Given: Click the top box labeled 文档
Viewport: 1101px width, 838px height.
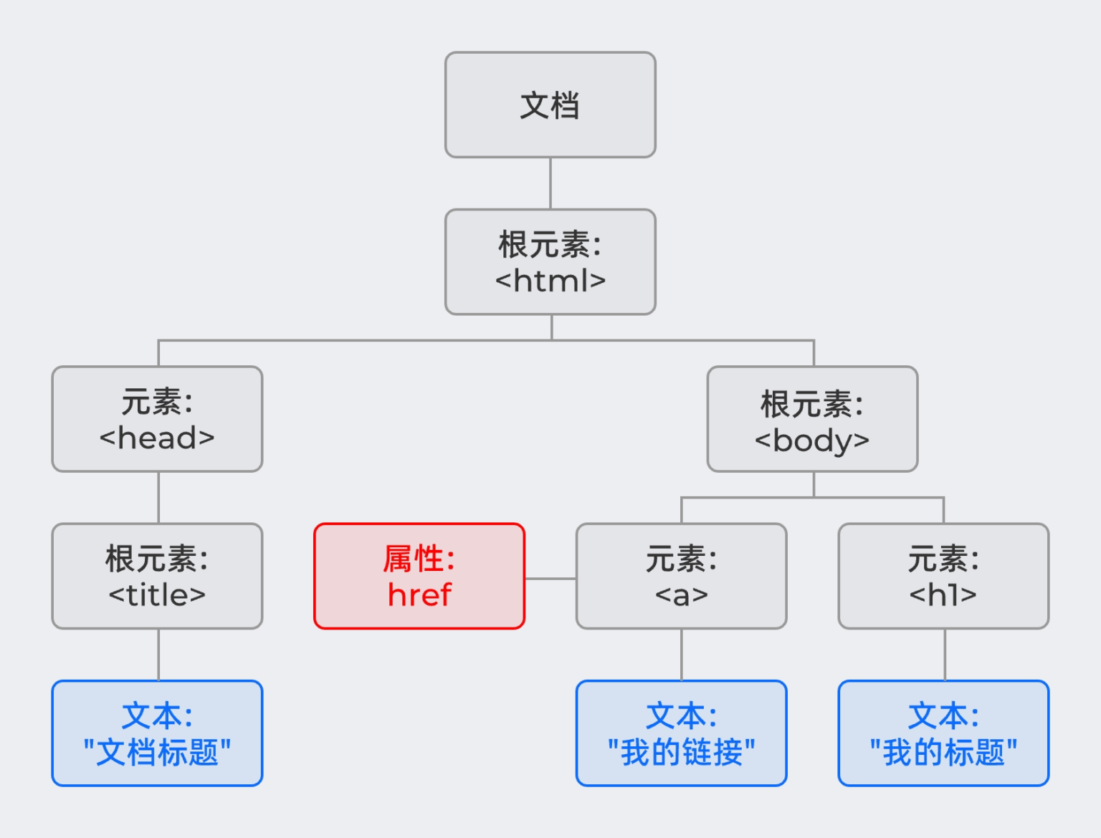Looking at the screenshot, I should pyautogui.click(x=550, y=105).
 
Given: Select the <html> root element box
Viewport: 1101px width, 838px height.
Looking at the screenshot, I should pyautogui.click(x=550, y=261).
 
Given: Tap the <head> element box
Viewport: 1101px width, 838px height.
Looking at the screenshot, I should pyautogui.click(x=157, y=419).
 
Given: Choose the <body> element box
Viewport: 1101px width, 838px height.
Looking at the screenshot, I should pyautogui.click(x=812, y=419).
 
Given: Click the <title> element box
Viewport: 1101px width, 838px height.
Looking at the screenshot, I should pyautogui.click(x=157, y=576).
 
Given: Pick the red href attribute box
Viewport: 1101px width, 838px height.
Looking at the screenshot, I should pyautogui.click(x=419, y=576).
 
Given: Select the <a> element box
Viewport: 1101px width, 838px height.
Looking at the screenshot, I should pyautogui.click(x=681, y=576).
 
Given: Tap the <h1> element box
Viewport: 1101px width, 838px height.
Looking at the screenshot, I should pyautogui.click(x=943, y=576).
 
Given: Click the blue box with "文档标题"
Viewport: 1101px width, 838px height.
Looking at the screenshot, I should pyautogui.click(x=157, y=733).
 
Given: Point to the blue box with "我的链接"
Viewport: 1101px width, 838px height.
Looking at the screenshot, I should pyautogui.click(x=681, y=733).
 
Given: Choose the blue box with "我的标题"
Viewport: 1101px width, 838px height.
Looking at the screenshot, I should pyautogui.click(x=943, y=733).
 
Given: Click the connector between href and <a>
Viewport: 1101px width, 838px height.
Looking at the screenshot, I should pyautogui.click(x=550, y=578).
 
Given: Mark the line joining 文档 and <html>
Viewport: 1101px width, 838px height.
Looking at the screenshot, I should pyautogui.click(x=550, y=183).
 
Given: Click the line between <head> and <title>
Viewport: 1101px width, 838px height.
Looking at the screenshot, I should pyautogui.click(x=158, y=497).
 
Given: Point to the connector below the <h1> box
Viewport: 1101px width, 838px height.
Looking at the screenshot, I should pyautogui.click(x=945, y=655).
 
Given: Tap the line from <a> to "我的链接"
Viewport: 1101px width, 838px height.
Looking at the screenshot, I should pyautogui.click(x=682, y=655).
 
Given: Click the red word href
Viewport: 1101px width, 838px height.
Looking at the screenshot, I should pyautogui.click(x=419, y=594).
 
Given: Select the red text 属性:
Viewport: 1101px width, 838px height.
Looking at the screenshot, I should pyautogui.click(x=419, y=559).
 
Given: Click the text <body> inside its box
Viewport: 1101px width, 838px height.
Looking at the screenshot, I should pyautogui.click(x=812, y=440).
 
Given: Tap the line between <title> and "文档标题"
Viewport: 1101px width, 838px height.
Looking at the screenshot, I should pyautogui.click(x=158, y=655).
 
